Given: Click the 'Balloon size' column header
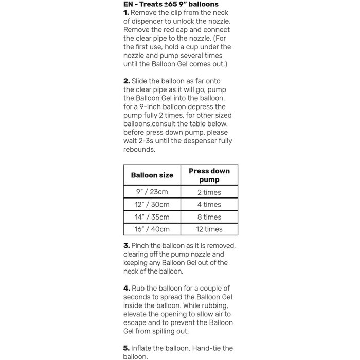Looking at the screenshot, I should click(x=152, y=175).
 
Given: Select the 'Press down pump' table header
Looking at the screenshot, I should click(x=209, y=175).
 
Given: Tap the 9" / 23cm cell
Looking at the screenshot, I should click(x=152, y=192).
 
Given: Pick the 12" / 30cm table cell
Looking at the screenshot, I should click(x=152, y=205).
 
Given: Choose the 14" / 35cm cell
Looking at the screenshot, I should click(x=152, y=217).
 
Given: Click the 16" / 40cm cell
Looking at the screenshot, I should click(x=152, y=229).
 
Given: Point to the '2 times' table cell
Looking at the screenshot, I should click(x=209, y=192).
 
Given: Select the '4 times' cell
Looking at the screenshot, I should click(x=209, y=205).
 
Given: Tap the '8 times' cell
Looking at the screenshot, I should click(x=209, y=217).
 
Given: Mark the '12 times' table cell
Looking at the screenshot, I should click(x=209, y=229).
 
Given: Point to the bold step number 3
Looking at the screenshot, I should click(x=127, y=246).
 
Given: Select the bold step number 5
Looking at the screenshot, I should click(x=127, y=348).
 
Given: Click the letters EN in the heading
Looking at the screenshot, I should click(x=129, y=4).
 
